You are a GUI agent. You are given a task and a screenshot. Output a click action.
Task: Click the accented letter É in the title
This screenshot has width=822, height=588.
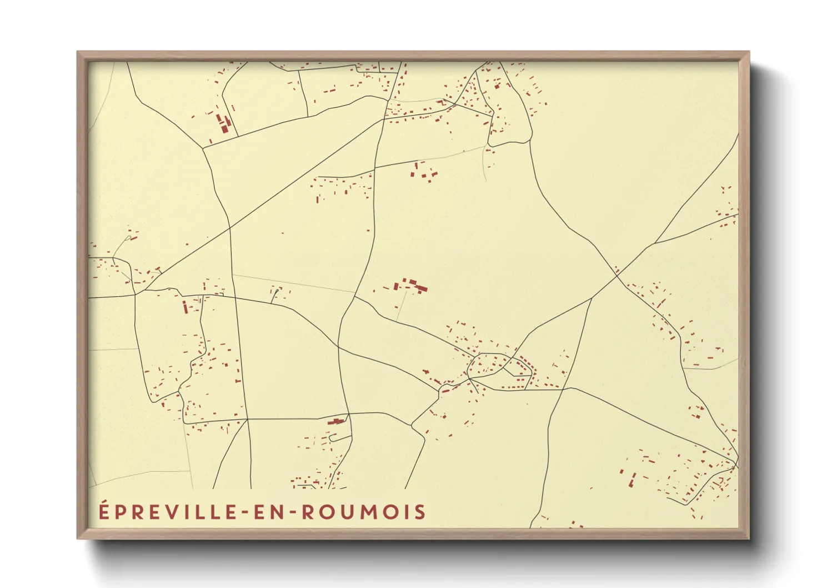[104, 511]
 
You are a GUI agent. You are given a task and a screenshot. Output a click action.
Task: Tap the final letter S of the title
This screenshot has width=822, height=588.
[419, 512]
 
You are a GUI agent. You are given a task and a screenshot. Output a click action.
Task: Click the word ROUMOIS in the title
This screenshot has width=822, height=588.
[363, 512]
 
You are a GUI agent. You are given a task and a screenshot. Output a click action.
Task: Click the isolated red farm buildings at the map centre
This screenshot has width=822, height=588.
[411, 286]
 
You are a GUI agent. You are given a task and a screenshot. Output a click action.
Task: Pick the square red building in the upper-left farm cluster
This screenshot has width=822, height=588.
[224, 128]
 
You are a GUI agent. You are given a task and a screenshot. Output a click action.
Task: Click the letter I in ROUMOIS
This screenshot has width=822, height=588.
[405, 512]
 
